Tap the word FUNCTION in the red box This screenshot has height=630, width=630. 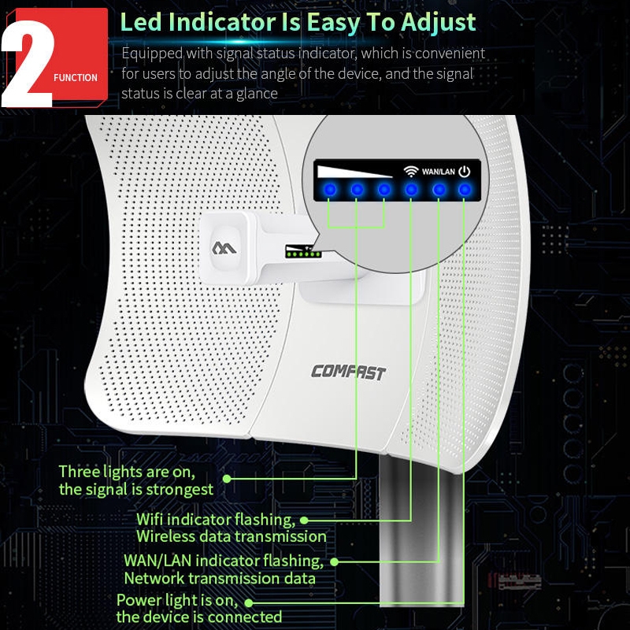point(76,77)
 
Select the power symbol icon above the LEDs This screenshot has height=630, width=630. point(465,172)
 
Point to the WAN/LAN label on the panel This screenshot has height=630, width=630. point(439,172)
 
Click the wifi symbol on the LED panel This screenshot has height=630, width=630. point(410,172)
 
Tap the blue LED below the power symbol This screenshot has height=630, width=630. point(465,190)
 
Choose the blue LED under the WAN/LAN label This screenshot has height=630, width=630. point(439,190)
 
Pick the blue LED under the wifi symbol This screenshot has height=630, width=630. point(410,190)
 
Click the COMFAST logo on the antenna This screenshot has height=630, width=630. point(348,372)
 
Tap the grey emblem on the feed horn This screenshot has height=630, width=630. point(224,248)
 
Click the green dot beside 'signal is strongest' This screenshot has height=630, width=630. point(227,479)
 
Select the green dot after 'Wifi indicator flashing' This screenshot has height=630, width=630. point(304,521)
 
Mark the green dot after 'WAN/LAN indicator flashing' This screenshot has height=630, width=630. point(334,562)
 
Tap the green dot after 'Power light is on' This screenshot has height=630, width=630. point(249,603)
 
